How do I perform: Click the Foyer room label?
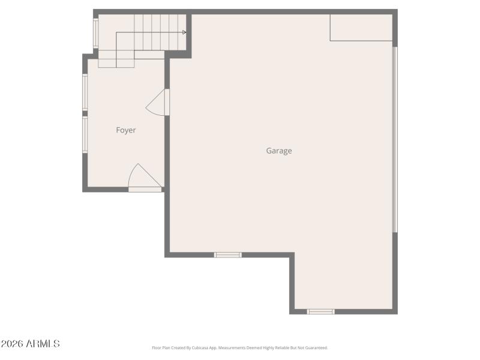click(x=126, y=130)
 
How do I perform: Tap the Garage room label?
click(x=279, y=151)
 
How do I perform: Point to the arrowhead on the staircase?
click(x=184, y=32)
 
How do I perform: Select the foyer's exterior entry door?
click(x=144, y=178)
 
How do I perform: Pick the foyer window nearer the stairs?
click(x=85, y=92)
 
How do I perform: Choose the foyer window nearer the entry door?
click(x=85, y=134)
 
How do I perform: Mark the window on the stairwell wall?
click(x=95, y=33)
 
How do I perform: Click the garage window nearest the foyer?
click(x=228, y=255)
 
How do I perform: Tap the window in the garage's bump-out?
click(x=321, y=311)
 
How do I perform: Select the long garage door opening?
click(x=395, y=139)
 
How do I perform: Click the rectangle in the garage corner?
click(x=361, y=28)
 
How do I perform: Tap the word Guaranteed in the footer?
click(x=316, y=348)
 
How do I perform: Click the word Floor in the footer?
click(x=156, y=348)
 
